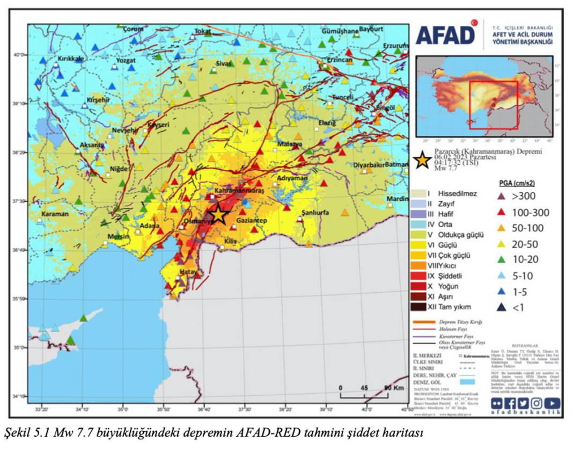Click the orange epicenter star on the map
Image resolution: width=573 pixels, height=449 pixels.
[x=218, y=214]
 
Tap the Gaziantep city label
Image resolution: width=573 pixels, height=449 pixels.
[x=252, y=221]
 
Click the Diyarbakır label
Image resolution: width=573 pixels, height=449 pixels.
[x=369, y=165]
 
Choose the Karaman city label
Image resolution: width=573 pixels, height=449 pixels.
[x=55, y=214]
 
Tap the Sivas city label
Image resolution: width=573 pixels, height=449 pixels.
[x=223, y=63]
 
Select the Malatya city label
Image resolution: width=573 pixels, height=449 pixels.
[x=289, y=144]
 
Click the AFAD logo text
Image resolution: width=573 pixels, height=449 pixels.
[x=445, y=35]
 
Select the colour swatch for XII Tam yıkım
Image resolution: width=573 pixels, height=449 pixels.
[x=418, y=307]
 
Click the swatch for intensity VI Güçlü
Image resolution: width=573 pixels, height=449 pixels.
[x=418, y=244]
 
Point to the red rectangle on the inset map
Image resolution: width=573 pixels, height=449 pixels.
[x=493, y=105]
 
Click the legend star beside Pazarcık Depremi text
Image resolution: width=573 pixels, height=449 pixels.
[x=423, y=160]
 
